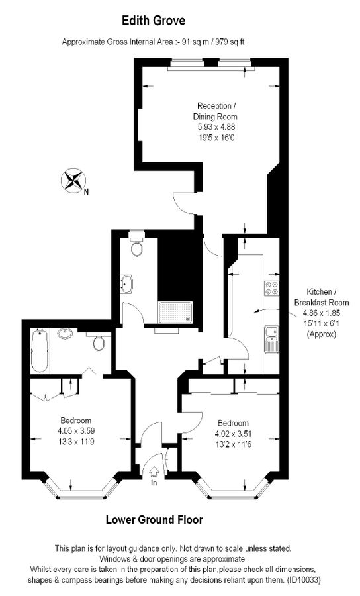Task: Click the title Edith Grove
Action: pyautogui.click(x=154, y=22)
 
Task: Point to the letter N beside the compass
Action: pyautogui.click(x=87, y=193)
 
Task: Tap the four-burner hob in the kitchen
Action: pyautogui.click(x=272, y=288)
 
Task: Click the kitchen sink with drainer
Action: pyautogui.click(x=271, y=338)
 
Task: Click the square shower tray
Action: pyautogui.click(x=175, y=311)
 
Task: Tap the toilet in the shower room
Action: pyautogui.click(x=137, y=248)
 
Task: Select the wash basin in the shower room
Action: pyautogui.click(x=127, y=284)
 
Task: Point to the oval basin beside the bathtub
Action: pyautogui.click(x=66, y=333)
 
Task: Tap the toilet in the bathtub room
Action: pyautogui.click(x=99, y=344)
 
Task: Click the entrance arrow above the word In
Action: pyautogui.click(x=154, y=472)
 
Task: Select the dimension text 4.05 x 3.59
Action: pyautogui.click(x=76, y=430)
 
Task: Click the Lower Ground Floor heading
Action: pyautogui.click(x=154, y=520)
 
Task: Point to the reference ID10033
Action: pyautogui.click(x=304, y=579)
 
